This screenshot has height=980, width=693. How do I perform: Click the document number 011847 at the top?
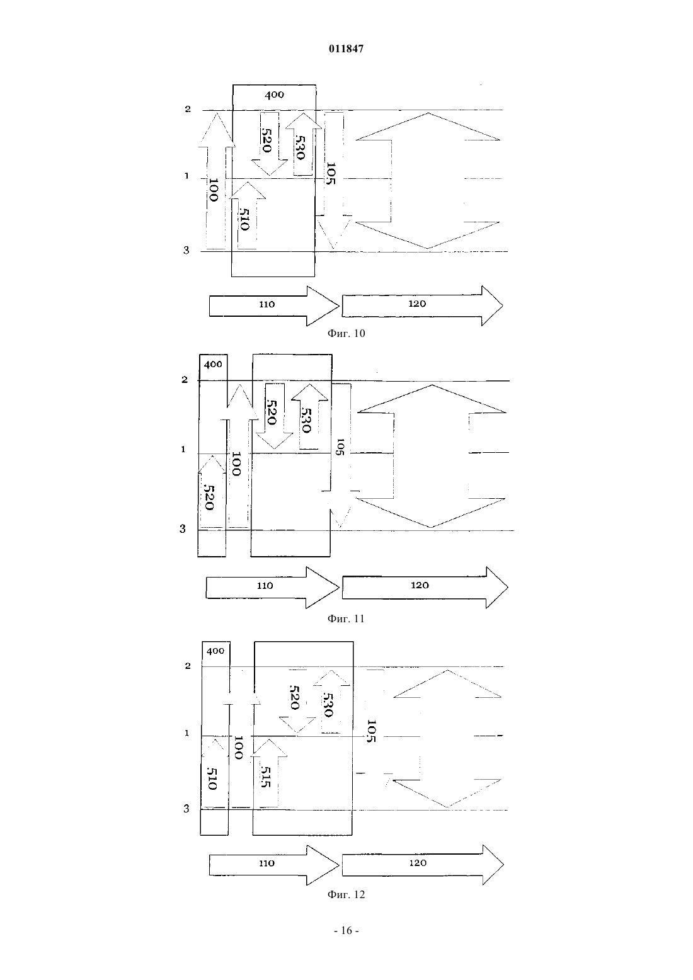(346, 48)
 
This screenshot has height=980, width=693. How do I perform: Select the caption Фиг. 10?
(346, 333)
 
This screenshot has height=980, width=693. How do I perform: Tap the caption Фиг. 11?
(346, 618)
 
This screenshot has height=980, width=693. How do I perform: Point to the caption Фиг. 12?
(346, 894)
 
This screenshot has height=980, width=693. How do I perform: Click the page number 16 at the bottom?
(346, 931)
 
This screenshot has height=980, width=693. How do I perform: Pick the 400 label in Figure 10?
(274, 94)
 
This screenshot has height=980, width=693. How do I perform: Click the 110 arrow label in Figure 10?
(267, 304)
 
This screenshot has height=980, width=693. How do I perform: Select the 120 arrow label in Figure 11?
(420, 585)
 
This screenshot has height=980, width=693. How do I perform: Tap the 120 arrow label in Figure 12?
(418, 863)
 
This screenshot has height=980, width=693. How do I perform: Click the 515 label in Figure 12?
(266, 777)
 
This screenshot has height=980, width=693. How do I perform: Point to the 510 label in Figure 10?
(244, 219)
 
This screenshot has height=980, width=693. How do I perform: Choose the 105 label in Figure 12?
(371, 731)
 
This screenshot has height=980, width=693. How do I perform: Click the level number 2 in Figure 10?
(188, 109)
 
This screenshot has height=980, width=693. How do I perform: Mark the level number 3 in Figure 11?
(183, 529)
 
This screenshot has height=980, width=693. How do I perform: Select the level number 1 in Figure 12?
(187, 733)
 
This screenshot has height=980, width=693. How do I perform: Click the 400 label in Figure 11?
(213, 365)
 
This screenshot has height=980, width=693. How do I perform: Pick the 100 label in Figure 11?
(236, 464)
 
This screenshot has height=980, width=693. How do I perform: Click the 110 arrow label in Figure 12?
(267, 863)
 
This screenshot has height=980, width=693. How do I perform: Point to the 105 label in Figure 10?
(331, 173)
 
